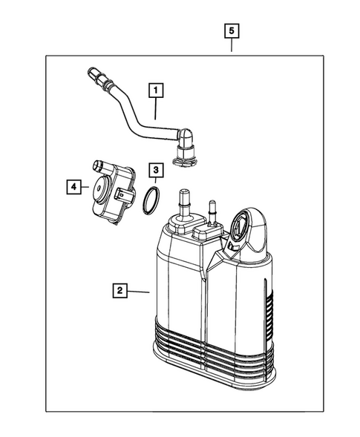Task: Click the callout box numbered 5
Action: [232, 30]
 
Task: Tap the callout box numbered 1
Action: [155, 91]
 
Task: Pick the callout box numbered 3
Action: [154, 171]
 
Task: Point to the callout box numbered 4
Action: [73, 187]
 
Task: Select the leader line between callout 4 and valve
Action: [84, 188]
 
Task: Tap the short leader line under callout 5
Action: [232, 46]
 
